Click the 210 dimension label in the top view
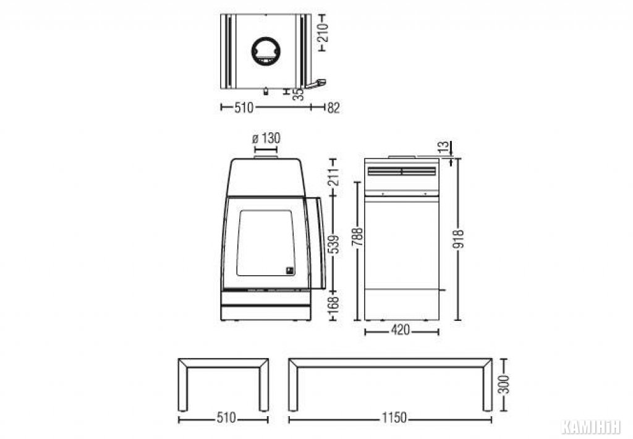point(323,32)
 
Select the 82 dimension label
point(333,108)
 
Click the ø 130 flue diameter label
point(266,139)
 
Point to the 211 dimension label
point(333,176)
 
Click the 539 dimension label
point(333,244)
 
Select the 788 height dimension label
point(358,237)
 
